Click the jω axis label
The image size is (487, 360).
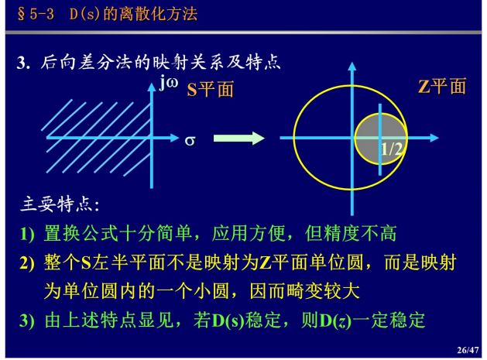click(169, 83)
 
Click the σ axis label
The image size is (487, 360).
click(190, 141)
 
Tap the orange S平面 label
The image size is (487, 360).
click(211, 90)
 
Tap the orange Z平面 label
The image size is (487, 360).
click(442, 86)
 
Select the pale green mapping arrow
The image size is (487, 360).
click(239, 139)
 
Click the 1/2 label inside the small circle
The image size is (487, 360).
click(392, 149)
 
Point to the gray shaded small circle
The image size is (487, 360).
click(381, 139)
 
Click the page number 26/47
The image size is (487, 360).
click(468, 350)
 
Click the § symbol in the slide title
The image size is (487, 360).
click(21, 14)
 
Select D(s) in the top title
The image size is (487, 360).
click(84, 14)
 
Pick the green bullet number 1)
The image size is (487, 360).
click(27, 234)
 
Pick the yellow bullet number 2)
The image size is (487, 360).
click(27, 262)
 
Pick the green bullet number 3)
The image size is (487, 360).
click(27, 321)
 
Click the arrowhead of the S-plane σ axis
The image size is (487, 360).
click(175, 138)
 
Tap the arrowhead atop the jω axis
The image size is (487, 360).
click(152, 87)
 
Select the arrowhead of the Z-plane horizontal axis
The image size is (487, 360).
click(434, 138)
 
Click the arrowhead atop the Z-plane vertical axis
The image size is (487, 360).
click(352, 66)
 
